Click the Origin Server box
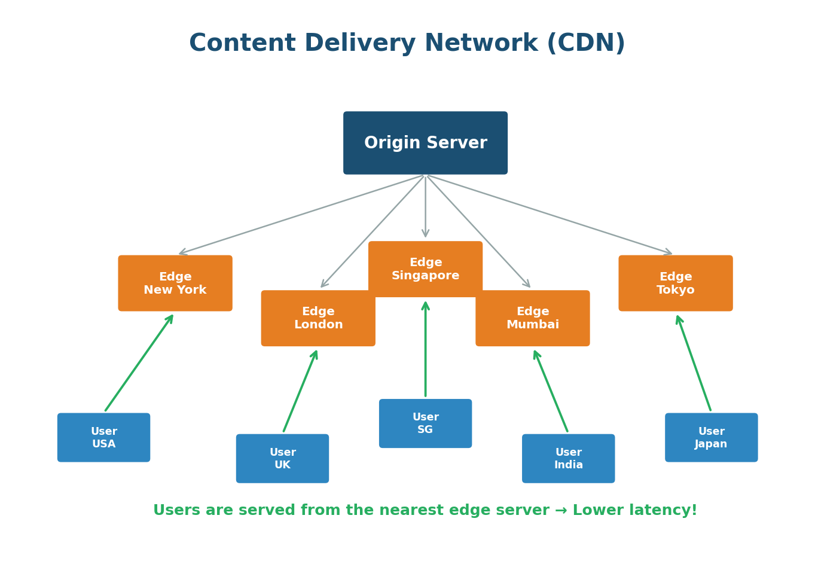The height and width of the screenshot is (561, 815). click(x=425, y=143)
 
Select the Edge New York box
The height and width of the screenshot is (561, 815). click(x=175, y=283)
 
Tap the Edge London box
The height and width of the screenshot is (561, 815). click(x=318, y=318)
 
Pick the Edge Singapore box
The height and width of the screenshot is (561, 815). click(x=425, y=269)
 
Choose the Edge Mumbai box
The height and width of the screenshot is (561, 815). click(x=532, y=318)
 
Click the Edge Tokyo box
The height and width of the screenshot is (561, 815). click(x=675, y=283)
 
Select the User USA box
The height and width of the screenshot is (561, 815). click(x=103, y=437)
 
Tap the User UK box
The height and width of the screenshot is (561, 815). click(x=282, y=458)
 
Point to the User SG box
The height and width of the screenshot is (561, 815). click(x=425, y=423)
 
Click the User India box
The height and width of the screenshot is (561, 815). click(x=568, y=458)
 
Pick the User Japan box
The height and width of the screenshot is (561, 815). click(x=711, y=437)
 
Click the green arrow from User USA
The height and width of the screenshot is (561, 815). click(x=139, y=363)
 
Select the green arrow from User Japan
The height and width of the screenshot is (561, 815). click(x=694, y=363)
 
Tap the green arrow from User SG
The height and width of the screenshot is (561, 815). click(x=425, y=350)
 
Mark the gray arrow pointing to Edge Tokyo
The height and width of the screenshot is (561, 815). click(x=550, y=215)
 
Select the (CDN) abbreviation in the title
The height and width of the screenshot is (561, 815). click(x=586, y=44)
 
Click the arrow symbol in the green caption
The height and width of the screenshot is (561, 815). click(x=561, y=511)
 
